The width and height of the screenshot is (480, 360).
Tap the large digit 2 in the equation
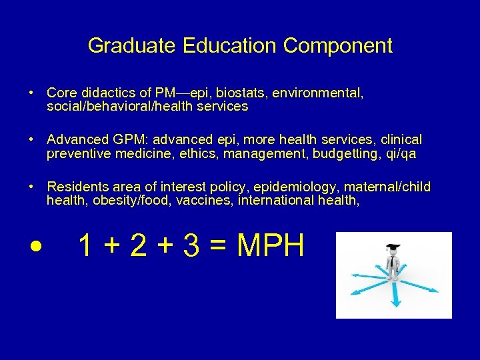coord(138,246)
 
